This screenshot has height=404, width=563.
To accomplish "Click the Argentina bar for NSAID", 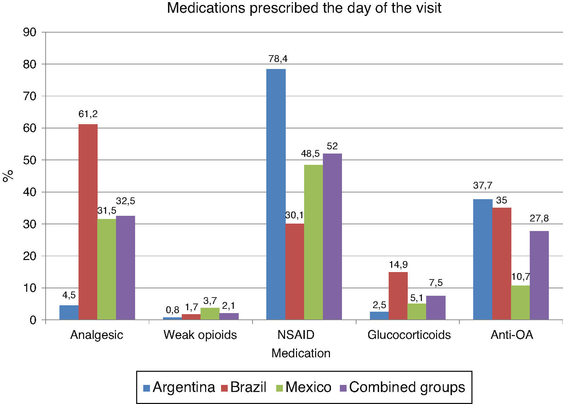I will pos(276,195).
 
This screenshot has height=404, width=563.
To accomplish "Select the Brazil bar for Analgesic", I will pos(88,222).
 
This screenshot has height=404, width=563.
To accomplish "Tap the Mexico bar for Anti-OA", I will pos(521,303).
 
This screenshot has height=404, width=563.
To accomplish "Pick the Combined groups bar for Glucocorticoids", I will pos(436,308).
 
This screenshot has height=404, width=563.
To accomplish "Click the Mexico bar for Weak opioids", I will pos(210,314).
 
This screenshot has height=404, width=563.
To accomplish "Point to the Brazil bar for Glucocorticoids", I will pos(398,296).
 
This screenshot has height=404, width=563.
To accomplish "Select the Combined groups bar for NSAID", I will pos(332,237).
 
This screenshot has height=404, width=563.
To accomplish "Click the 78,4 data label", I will pos(278,59).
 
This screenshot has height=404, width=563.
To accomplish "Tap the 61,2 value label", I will pos(88,114).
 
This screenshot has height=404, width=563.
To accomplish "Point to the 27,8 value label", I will pos(539,218).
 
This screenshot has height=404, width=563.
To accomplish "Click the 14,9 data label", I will pos(398,265).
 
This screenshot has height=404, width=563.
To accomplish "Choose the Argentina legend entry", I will pos(179,387).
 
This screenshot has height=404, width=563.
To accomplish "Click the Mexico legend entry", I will pos(304,387).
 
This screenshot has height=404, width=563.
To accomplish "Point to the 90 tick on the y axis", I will pos(30,32).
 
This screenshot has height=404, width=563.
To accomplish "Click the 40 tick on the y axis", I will pos(30,192).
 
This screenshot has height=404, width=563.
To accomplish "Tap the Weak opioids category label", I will pos(200,335).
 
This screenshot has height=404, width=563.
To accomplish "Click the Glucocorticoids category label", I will pos(409,335).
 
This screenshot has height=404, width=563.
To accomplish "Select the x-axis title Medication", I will pos(301,353).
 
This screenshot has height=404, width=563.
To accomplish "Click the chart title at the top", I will pos(304,8).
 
